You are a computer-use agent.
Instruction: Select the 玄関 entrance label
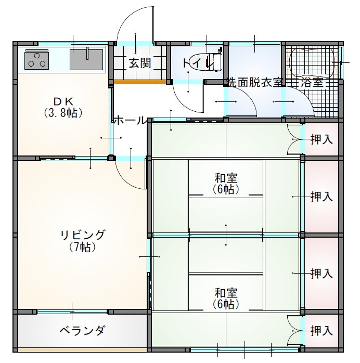pos(140,63)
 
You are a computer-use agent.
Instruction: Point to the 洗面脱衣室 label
pos(255,82)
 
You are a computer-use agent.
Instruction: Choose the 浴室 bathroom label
pos(312,82)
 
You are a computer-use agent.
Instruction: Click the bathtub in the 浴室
pos(312,61)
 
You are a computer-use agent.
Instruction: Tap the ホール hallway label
pos(130,120)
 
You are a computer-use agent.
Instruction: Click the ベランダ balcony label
pos(82,330)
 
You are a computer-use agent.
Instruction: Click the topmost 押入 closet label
pos(322,139)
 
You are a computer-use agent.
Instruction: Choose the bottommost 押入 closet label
pos(322,330)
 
